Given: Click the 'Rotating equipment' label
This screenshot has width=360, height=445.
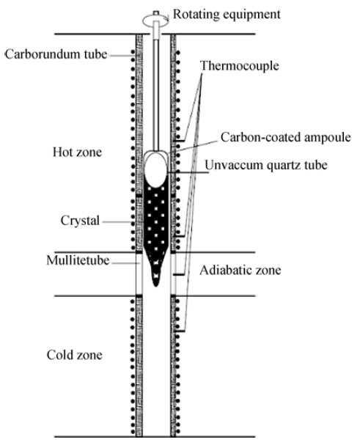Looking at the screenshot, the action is tap(227, 14).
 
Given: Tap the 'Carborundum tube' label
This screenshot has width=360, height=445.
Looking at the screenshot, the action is tap(56, 54).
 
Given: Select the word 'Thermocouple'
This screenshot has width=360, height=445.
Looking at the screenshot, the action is tap(240, 66).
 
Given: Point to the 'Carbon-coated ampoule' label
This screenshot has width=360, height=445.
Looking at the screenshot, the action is tap(286, 137).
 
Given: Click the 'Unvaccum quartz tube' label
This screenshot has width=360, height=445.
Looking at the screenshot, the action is tap(266, 165).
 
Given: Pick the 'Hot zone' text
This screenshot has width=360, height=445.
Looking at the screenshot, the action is tap(77, 152).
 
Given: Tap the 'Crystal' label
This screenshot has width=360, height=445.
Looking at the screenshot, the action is tap(80, 221).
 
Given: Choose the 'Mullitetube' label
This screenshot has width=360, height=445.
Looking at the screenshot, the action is tap(78, 260).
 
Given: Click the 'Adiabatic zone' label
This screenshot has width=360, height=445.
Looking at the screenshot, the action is tap(240, 271).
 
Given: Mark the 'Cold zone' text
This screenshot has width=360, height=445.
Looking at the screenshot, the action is tap(74, 355).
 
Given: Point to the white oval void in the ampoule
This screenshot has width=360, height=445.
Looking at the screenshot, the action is tap(155, 170).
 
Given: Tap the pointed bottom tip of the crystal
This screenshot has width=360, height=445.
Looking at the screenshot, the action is tap(156, 285).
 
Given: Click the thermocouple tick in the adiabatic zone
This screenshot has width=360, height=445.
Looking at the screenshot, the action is tap(179, 274).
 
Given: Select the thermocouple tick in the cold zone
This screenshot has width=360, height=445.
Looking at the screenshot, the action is tap(180, 331).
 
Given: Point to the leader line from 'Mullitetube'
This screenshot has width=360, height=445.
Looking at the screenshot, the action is tap(125, 263).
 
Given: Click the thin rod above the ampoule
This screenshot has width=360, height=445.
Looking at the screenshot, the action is tap(156, 94).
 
